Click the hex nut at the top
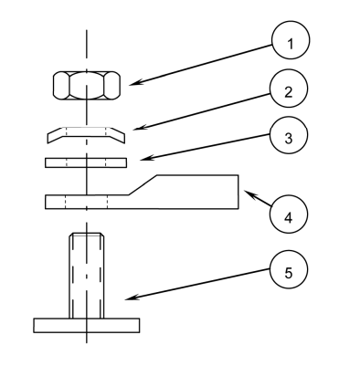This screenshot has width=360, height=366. tap(87, 86)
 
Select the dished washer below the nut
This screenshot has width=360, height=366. tap(87, 133)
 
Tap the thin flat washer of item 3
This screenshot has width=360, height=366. tap(87, 162)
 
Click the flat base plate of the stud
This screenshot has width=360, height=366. tap(87, 324)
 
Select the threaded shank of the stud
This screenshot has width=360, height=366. tap(87, 274)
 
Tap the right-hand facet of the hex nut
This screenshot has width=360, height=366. tap(112, 86)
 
